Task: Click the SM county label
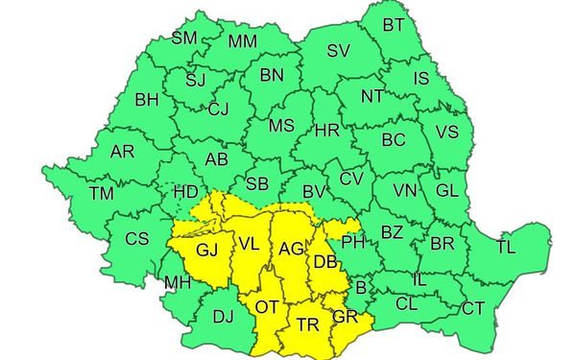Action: (x=182, y=38)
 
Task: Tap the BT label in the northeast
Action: (x=394, y=25)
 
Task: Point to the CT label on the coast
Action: (x=473, y=308)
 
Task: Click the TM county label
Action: (x=100, y=193)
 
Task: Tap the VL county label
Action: (x=250, y=243)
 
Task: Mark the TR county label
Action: (x=307, y=324)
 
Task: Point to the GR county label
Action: (x=344, y=316)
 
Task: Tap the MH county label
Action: (x=176, y=283)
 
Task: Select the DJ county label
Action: (x=223, y=315)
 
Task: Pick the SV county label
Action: (x=338, y=51)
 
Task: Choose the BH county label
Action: (x=147, y=99)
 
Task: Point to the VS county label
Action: (x=446, y=132)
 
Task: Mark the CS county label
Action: (x=138, y=239)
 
